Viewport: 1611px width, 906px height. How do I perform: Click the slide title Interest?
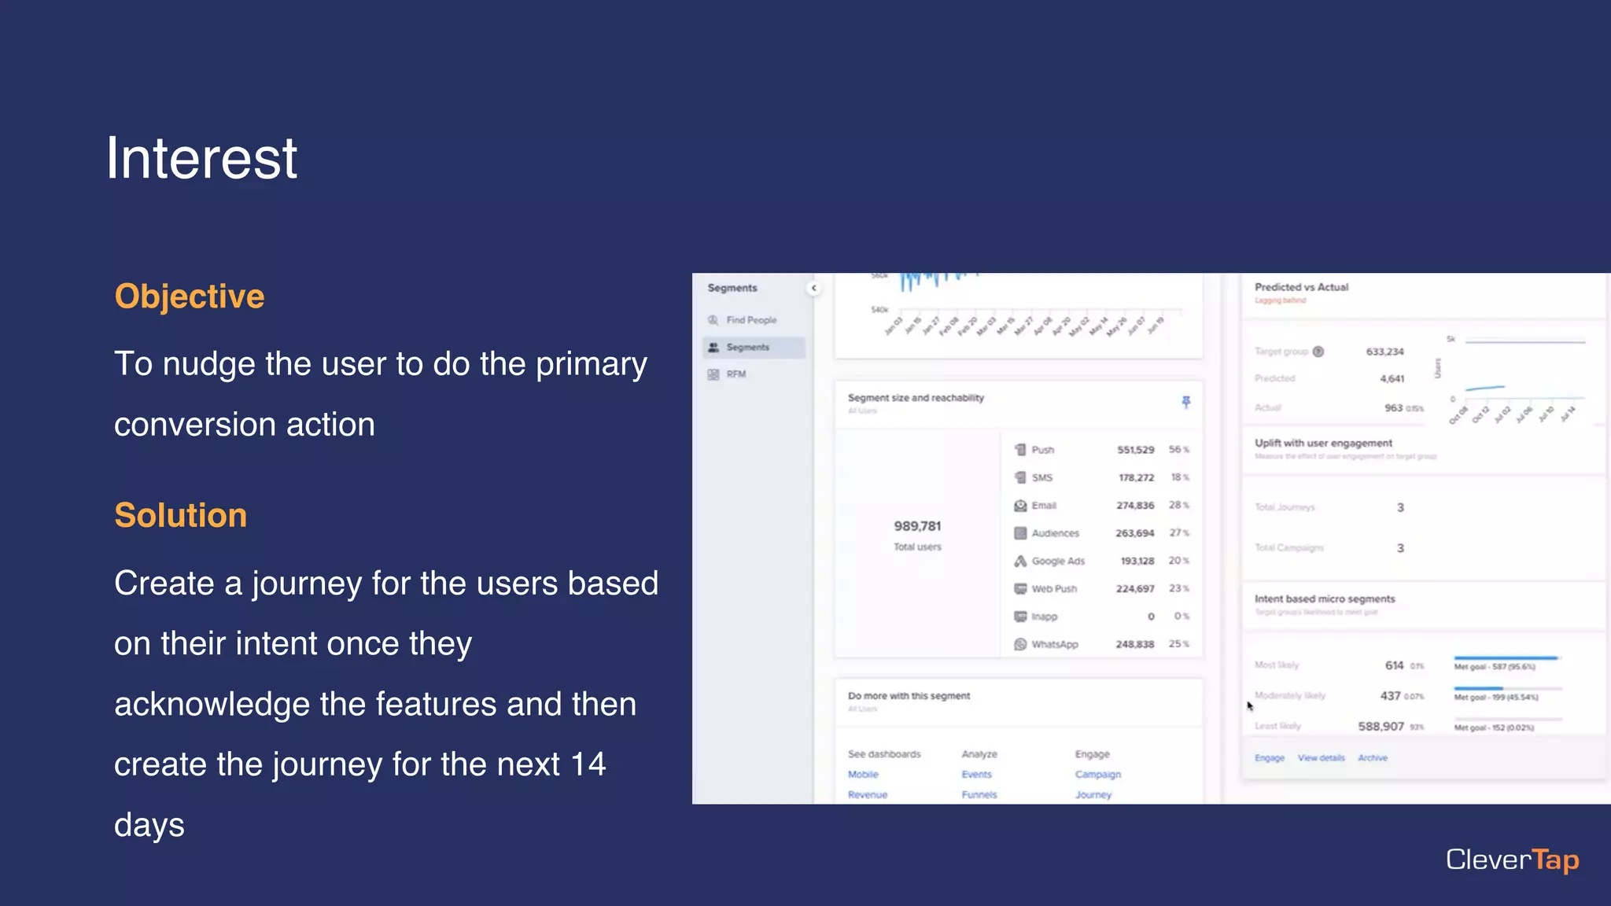click(201, 159)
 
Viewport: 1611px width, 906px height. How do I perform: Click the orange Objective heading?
click(190, 296)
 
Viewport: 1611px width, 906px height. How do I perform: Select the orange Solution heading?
click(181, 515)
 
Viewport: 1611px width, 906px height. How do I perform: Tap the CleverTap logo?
click(1512, 860)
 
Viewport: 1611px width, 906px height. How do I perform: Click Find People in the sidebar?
click(750, 320)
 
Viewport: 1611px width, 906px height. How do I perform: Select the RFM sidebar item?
click(735, 374)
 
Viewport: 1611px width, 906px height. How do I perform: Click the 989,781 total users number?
click(917, 526)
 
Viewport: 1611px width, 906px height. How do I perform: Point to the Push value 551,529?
click(1135, 450)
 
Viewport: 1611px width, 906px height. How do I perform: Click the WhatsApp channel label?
click(1054, 644)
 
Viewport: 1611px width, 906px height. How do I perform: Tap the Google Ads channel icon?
click(1020, 561)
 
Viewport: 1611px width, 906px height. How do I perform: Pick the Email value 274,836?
click(1135, 506)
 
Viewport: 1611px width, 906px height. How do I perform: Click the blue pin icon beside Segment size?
click(1186, 402)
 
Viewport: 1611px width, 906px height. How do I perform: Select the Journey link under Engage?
click(1093, 794)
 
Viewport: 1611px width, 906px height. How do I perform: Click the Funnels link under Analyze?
click(979, 794)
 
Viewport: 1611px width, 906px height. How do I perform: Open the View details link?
click(1321, 758)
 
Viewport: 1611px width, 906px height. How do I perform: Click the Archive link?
click(1373, 758)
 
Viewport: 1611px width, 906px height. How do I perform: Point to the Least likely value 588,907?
click(1381, 726)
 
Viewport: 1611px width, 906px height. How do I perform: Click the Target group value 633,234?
click(1384, 352)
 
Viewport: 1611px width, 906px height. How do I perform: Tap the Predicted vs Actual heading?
click(1301, 287)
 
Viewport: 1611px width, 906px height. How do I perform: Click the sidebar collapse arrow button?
click(814, 288)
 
